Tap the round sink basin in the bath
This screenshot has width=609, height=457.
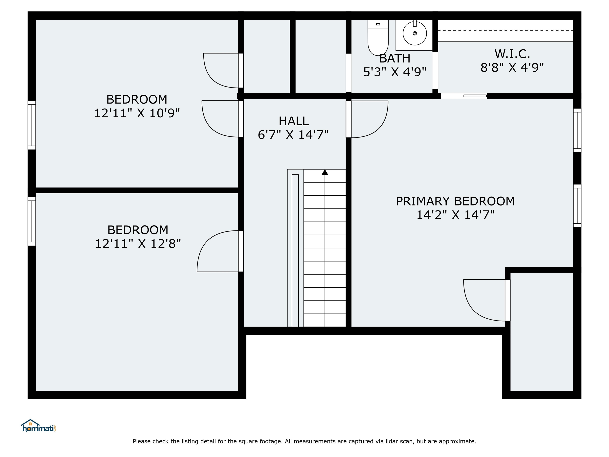pos(415,33)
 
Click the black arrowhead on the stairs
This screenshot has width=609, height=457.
pos(325,172)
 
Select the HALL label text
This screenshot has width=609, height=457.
pos(293,121)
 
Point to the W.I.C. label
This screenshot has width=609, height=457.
pos(512,54)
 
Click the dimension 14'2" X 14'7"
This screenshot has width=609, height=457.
pos(455,215)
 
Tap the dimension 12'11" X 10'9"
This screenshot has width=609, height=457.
pos(137,113)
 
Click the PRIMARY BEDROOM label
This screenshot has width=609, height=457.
pos(455,201)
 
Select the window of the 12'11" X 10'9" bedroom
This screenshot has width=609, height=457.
pos(32,125)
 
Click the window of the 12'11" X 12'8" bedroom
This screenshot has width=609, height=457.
pos(32,221)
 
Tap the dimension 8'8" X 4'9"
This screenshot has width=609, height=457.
pos(512,67)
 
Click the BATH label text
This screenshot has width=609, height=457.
pos(395,58)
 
